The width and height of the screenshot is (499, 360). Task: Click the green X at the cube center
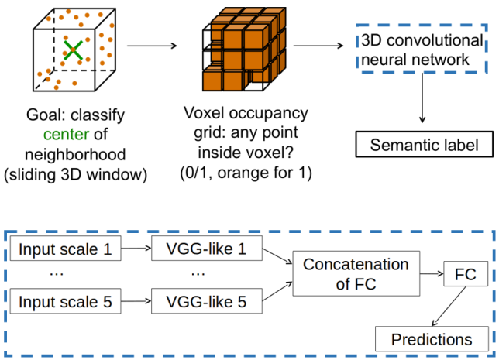(72, 50)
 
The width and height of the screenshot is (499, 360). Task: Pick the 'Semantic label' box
(424, 145)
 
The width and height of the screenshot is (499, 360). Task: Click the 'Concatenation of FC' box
(355, 274)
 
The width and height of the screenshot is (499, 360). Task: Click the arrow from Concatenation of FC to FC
(428, 275)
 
